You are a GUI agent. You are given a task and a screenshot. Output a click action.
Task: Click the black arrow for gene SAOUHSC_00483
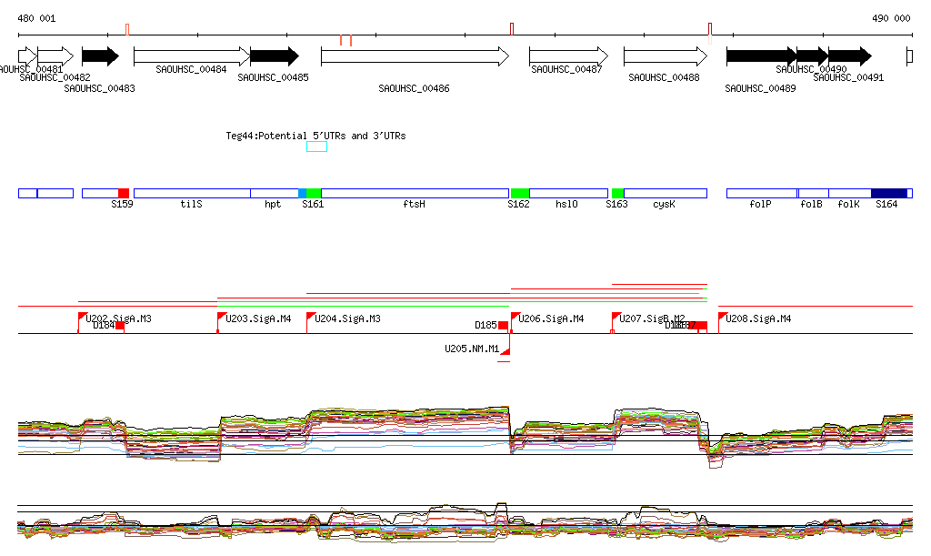[x=100, y=56]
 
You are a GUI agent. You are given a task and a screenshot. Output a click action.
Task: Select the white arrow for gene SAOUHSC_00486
[x=415, y=56]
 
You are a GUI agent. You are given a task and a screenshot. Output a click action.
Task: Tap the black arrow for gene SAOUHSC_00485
[x=274, y=56]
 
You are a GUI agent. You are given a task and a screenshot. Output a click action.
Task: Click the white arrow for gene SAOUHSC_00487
[x=568, y=56]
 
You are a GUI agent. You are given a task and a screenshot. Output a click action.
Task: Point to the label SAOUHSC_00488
[x=664, y=78]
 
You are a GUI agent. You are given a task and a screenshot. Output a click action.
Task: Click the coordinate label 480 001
[x=36, y=18]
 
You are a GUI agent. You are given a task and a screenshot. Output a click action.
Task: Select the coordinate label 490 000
[x=891, y=18]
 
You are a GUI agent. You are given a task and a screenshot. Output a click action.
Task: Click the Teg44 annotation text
[x=315, y=136]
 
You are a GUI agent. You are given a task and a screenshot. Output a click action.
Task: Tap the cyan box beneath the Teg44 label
[x=316, y=147]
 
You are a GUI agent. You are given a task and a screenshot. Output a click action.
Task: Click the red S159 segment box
[x=124, y=194]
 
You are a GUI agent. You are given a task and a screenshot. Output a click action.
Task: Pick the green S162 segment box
[x=519, y=194]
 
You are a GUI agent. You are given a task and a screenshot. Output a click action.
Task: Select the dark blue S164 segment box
[x=888, y=194]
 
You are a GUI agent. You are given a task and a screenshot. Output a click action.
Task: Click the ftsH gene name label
[x=414, y=205]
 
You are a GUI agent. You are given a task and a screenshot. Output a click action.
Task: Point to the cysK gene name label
[x=664, y=205]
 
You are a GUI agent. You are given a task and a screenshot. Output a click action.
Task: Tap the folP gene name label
[x=760, y=205]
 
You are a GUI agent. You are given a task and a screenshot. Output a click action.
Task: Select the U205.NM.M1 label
[x=471, y=349]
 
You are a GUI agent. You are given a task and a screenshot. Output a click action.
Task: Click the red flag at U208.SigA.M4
[x=722, y=317]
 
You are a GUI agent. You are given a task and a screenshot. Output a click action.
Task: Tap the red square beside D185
[x=503, y=326]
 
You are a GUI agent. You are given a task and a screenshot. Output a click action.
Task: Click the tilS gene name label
[x=191, y=205]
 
